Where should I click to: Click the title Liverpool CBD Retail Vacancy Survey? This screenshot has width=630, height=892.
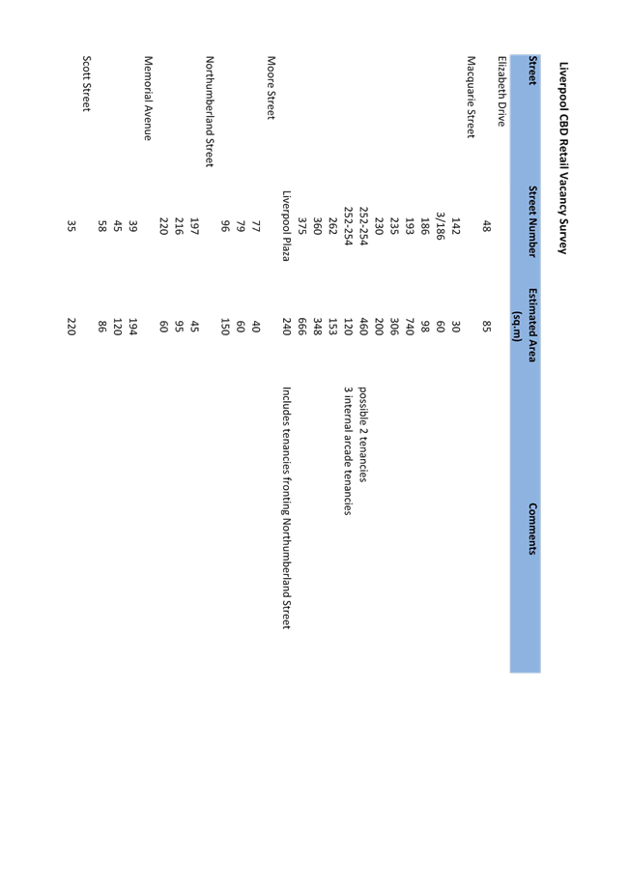pyautogui.click(x=563, y=158)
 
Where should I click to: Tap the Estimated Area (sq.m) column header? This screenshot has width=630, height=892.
pyautogui.click(x=525, y=325)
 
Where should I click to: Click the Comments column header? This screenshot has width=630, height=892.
pyautogui.click(x=532, y=529)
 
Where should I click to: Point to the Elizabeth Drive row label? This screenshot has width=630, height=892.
pyautogui.click(x=501, y=91)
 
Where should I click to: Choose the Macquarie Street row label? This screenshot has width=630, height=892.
pyautogui.click(x=471, y=97)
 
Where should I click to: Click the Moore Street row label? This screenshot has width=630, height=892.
pyautogui.click(x=271, y=88)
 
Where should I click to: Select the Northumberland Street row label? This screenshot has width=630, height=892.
pyautogui.click(x=210, y=111)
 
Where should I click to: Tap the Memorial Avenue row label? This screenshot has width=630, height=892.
pyautogui.click(x=148, y=98)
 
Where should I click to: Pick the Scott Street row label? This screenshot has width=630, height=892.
pyautogui.click(x=86, y=84)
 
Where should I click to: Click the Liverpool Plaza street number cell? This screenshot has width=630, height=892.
pyautogui.click(x=287, y=226)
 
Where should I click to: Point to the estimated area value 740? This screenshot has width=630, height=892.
pyautogui.click(x=409, y=327)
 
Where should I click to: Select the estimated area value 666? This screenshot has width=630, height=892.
pyautogui.click(x=301, y=327)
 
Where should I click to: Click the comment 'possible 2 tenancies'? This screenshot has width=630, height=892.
pyautogui.click(x=362, y=435)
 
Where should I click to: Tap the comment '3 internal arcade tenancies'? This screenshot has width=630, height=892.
pyautogui.click(x=348, y=451)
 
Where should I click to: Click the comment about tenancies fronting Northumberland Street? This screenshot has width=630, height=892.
pyautogui.click(x=286, y=508)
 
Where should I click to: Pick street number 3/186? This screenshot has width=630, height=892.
pyautogui.click(x=440, y=226)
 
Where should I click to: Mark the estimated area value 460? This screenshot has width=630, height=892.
pyautogui.click(x=362, y=327)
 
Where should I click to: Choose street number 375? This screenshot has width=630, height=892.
pyautogui.click(x=301, y=226)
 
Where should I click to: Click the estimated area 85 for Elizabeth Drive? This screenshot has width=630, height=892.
pyautogui.click(x=486, y=327)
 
